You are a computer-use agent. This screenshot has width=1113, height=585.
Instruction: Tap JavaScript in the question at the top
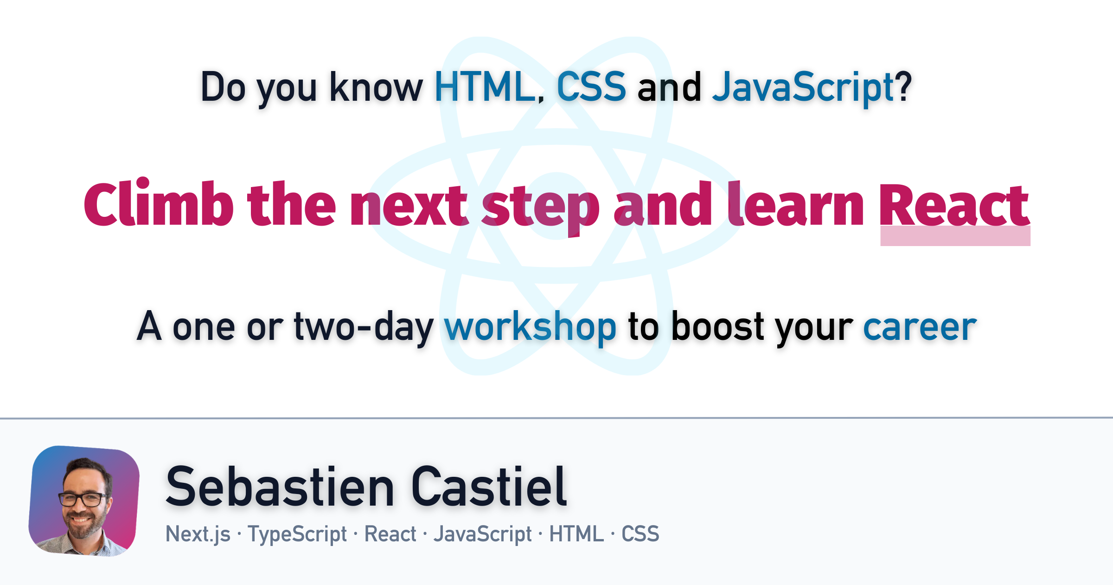tap(803, 88)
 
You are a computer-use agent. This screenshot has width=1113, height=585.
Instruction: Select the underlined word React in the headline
tap(955, 205)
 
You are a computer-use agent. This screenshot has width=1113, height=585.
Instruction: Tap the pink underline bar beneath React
tap(955, 236)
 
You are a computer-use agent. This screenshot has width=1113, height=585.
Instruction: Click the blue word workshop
tap(531, 328)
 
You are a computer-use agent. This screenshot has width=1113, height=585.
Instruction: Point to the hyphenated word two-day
tap(364, 328)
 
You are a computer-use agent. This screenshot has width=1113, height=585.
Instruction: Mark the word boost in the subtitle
tap(717, 326)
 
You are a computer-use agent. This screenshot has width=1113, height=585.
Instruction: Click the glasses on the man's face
tap(82, 499)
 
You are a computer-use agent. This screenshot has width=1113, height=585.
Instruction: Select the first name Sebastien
tap(280, 486)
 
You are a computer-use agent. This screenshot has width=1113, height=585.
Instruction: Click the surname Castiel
tap(489, 486)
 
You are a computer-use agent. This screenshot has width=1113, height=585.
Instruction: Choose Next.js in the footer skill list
tap(198, 534)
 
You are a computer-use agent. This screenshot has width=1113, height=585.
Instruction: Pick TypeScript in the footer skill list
tap(297, 534)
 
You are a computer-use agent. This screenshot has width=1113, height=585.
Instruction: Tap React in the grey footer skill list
tap(390, 534)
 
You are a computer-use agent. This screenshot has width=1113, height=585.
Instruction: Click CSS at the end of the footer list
tap(640, 534)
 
